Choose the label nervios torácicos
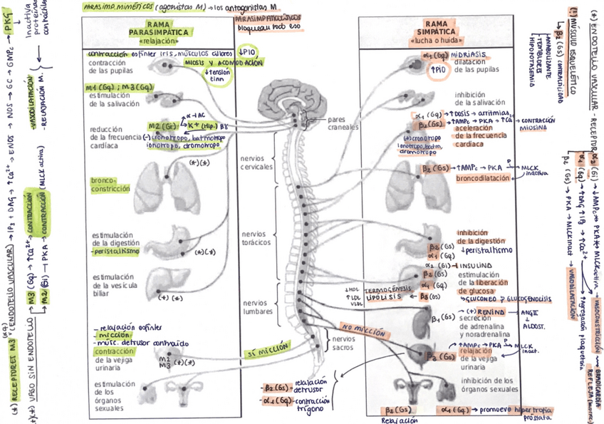253,238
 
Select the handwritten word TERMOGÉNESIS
386,291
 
